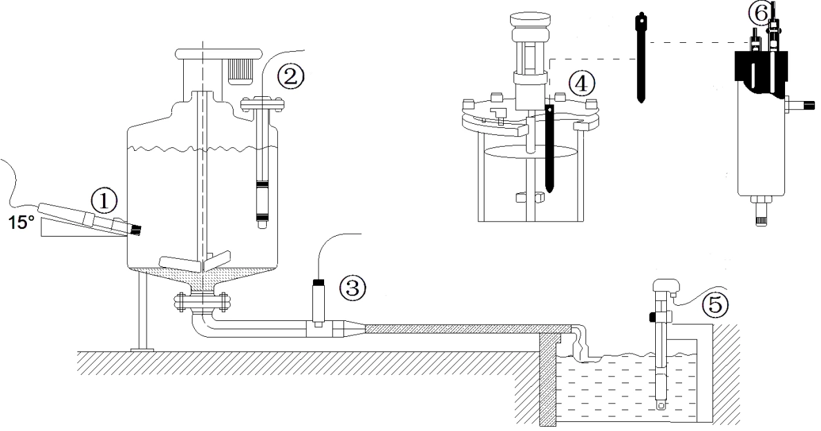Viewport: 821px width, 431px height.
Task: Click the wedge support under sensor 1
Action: tap(69, 228)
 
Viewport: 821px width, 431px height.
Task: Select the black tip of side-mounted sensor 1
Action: tap(137, 228)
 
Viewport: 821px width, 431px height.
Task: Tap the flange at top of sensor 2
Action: tap(262, 104)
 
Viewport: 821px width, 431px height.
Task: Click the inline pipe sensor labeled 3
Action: tap(319, 304)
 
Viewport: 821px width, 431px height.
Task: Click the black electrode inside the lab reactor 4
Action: tap(549, 149)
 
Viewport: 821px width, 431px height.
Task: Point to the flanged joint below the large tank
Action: tap(201, 302)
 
